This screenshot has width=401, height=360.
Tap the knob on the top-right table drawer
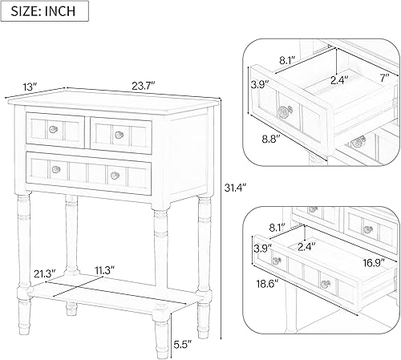tap(118, 134)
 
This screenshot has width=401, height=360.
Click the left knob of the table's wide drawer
tap(56, 168)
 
